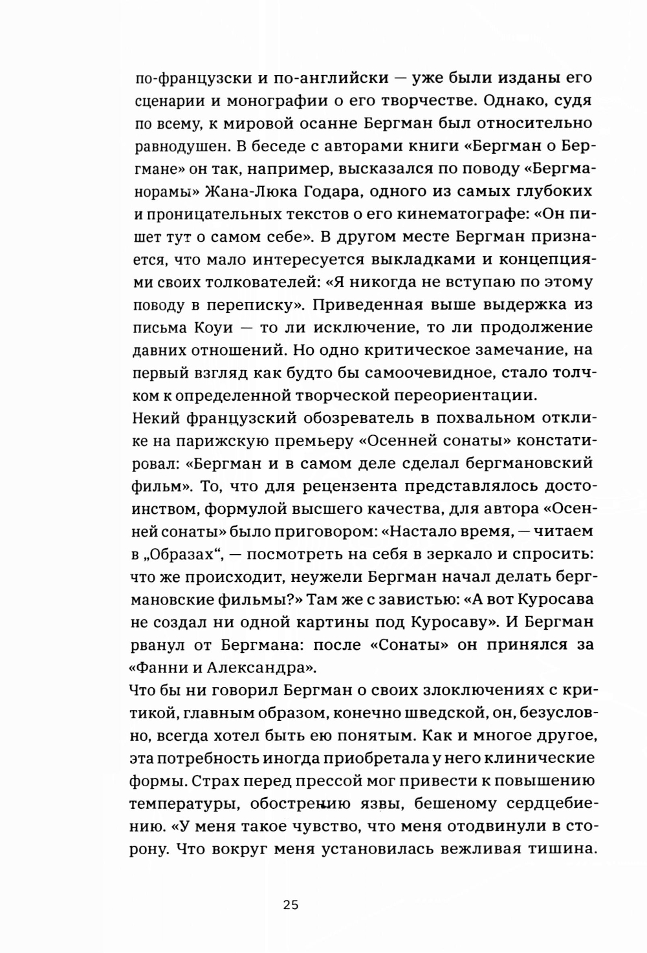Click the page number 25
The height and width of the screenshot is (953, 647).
pos(291,905)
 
